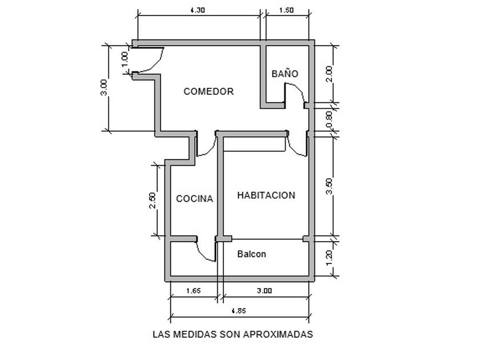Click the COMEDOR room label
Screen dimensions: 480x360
tap(209, 91)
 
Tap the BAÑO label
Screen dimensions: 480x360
tap(285, 74)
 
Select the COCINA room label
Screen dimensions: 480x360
tap(194, 199)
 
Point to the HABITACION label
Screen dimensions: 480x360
tap(266, 195)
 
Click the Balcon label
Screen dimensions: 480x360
tap(251, 254)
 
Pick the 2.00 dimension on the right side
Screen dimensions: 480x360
tap(328, 74)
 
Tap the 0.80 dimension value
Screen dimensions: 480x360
tap(328, 118)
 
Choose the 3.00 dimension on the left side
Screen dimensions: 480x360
tap(103, 88)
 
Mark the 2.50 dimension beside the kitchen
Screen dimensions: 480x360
tap(152, 199)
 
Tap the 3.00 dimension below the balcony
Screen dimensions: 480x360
tap(264, 291)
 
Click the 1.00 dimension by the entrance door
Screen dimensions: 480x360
tap(125, 58)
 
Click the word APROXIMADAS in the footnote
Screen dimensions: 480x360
tap(281, 334)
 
